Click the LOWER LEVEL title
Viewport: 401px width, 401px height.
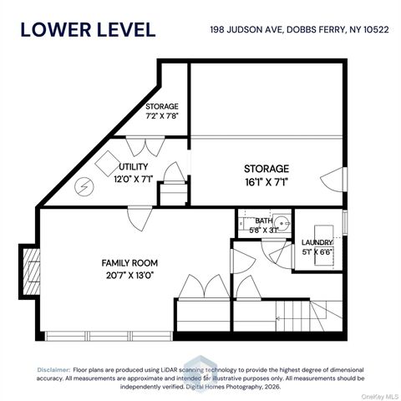tap(88, 29)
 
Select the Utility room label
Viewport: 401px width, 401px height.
tap(133, 167)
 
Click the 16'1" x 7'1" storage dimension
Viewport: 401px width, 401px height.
tap(266, 180)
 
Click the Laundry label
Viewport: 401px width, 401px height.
tap(317, 242)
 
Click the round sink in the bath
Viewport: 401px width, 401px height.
tap(282, 224)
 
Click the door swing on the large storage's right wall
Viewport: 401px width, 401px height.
tap(333, 178)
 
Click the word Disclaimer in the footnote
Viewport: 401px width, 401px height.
tap(53, 368)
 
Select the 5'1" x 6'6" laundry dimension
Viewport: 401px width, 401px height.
tap(317, 251)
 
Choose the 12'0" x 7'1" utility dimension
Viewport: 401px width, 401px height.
tap(133, 178)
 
